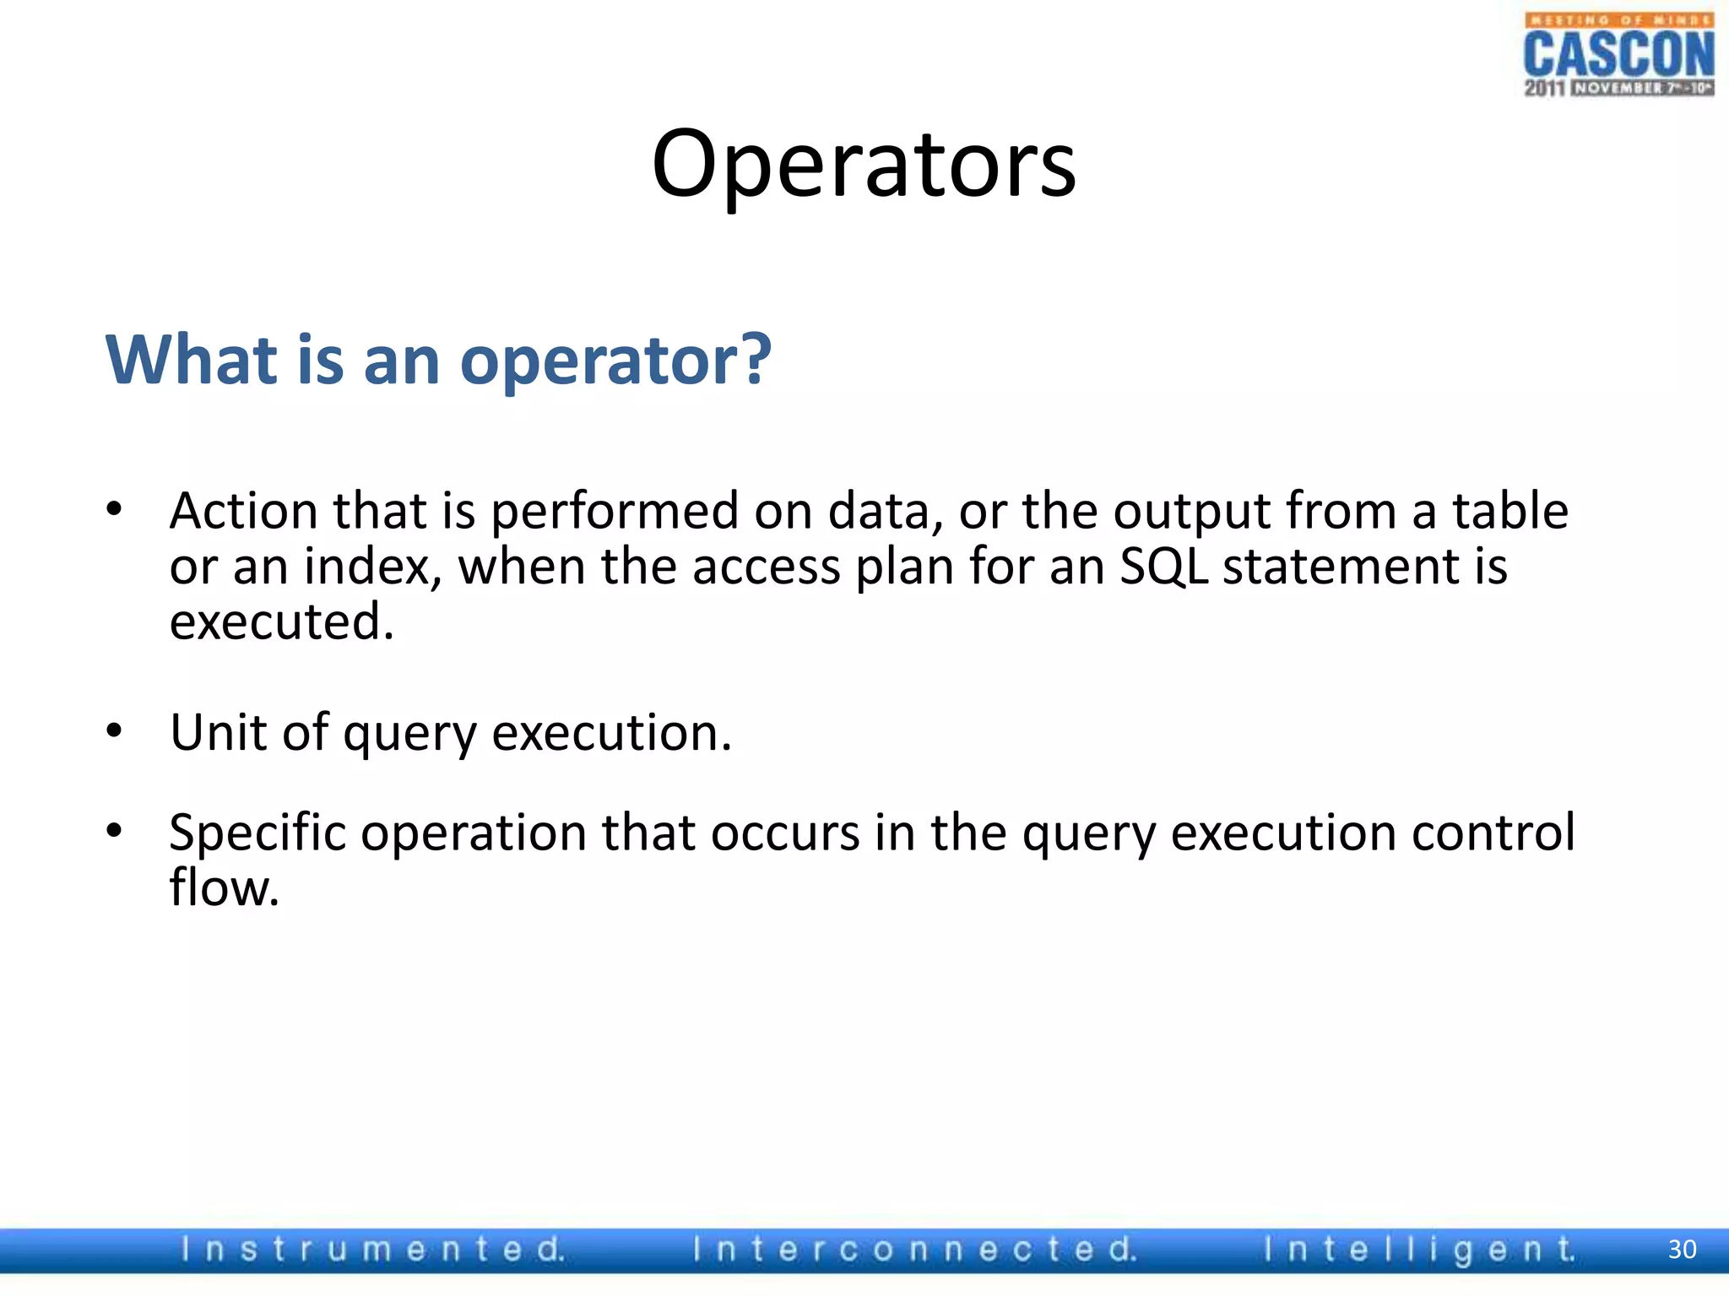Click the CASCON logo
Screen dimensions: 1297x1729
pos(1618,56)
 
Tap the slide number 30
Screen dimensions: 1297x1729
pos(1682,1249)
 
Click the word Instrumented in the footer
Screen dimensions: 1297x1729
pos(372,1249)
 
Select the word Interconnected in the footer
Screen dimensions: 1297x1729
pos(915,1249)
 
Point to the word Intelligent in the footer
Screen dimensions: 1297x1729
pos(1419,1249)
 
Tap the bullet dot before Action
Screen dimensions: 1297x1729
pos(114,508)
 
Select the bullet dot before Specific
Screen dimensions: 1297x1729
pos(114,830)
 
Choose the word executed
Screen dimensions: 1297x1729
pos(281,621)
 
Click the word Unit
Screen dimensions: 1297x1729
pos(218,731)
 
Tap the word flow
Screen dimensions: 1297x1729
pos(224,887)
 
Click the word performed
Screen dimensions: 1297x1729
pos(615,512)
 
